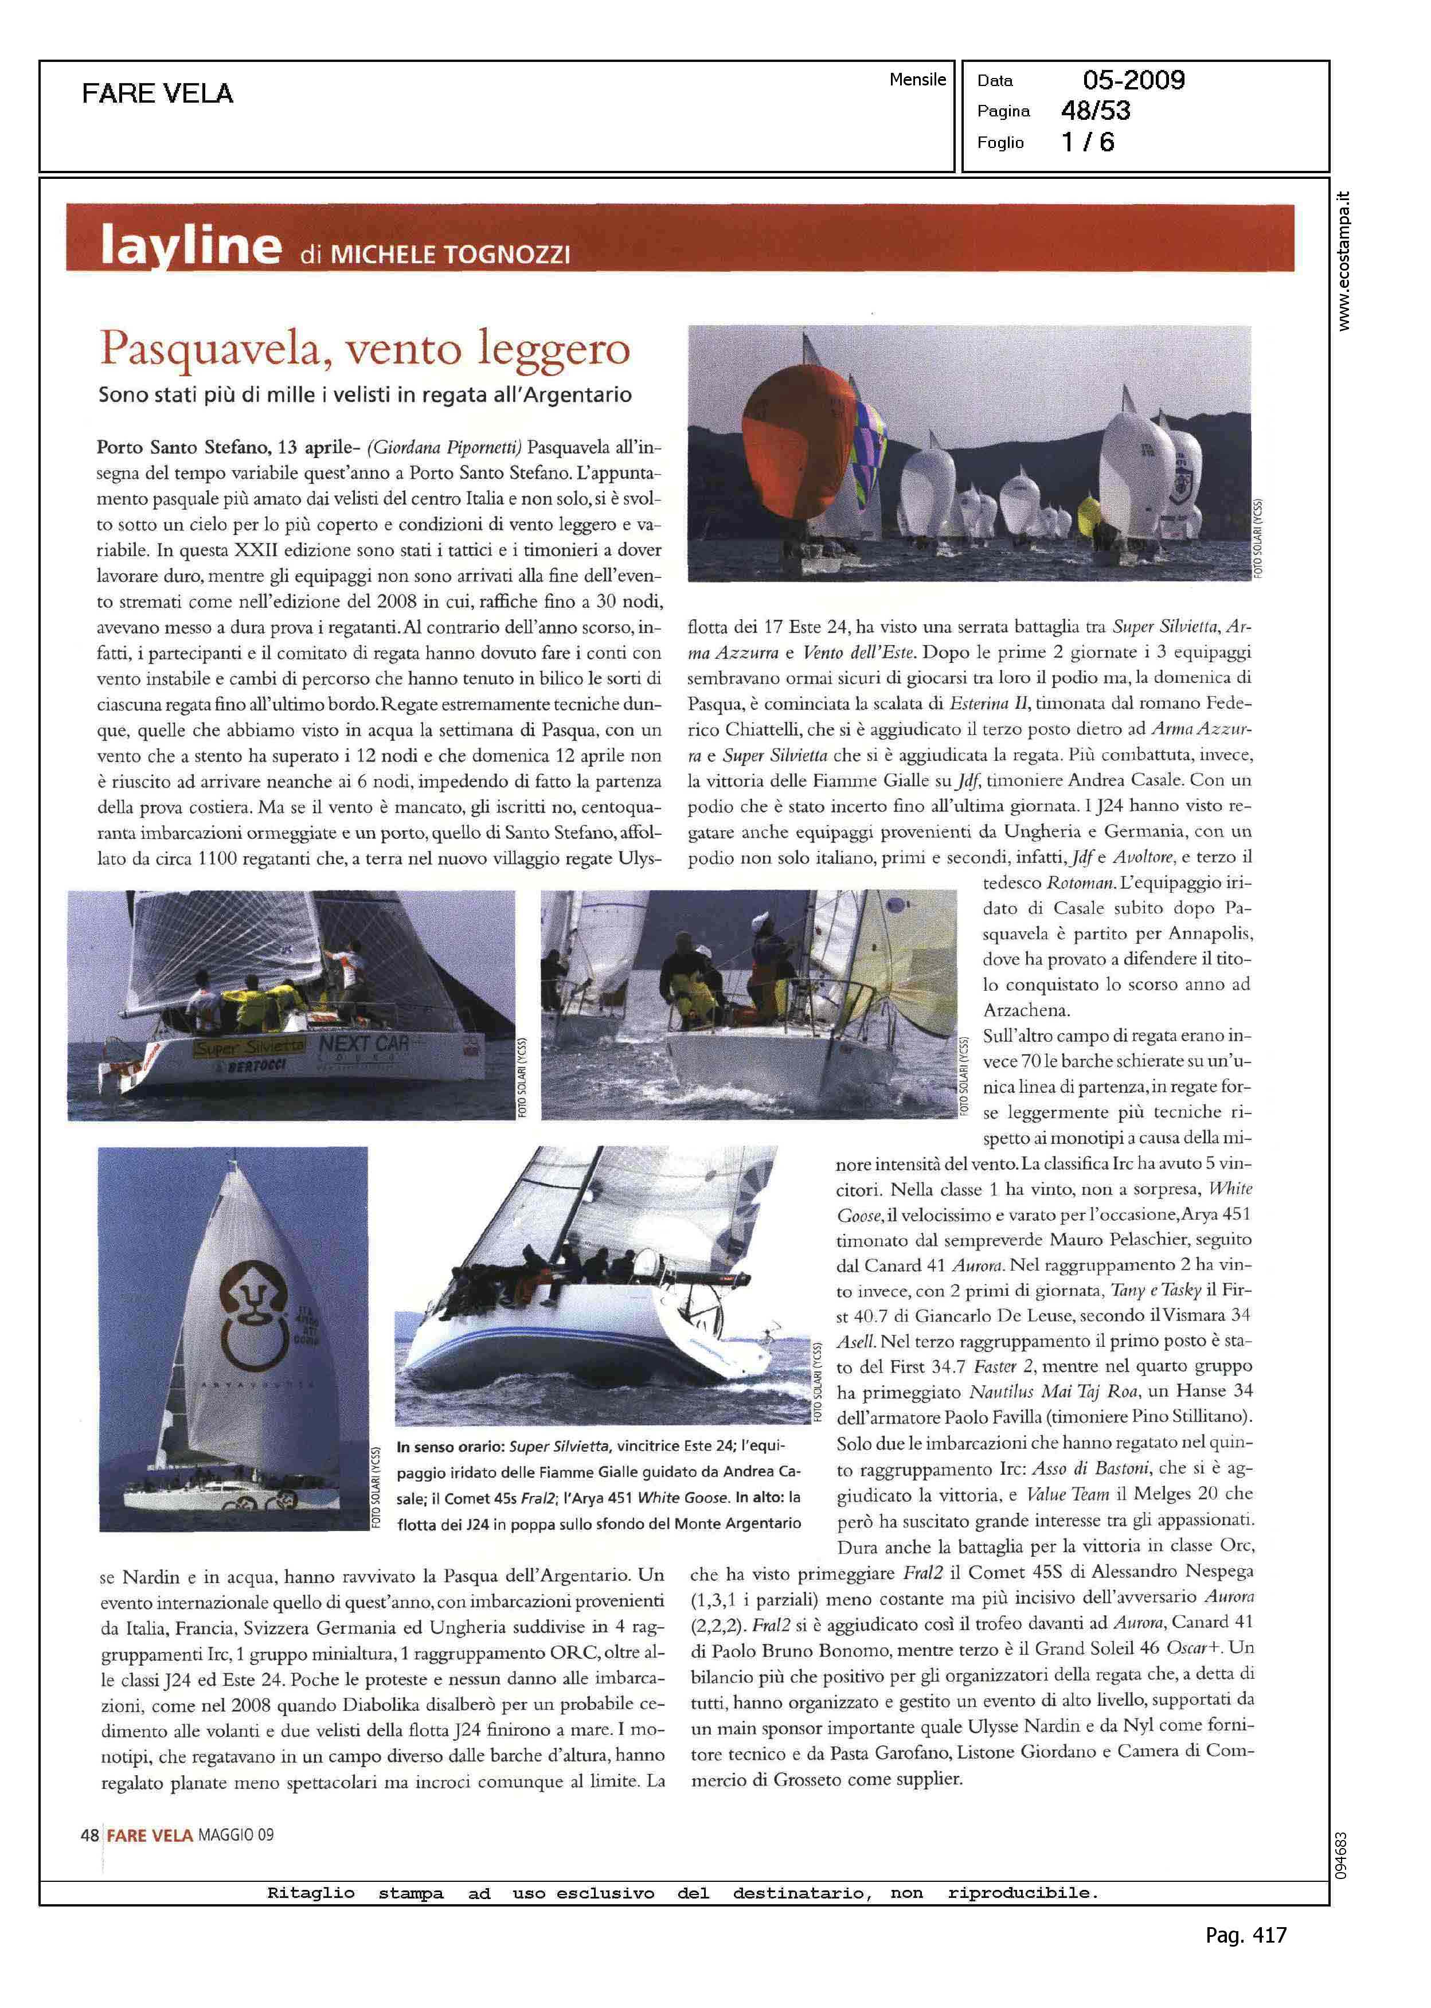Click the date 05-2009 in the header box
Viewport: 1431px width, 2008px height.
(x=1133, y=80)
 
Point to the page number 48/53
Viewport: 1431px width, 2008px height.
(x=1095, y=111)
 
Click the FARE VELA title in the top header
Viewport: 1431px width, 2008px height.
(x=158, y=93)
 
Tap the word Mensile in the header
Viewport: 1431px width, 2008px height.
(x=917, y=79)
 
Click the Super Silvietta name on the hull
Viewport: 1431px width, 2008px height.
(x=249, y=1048)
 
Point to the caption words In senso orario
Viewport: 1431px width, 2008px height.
(x=450, y=1446)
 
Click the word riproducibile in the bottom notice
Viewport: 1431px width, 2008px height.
(x=1022, y=1893)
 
